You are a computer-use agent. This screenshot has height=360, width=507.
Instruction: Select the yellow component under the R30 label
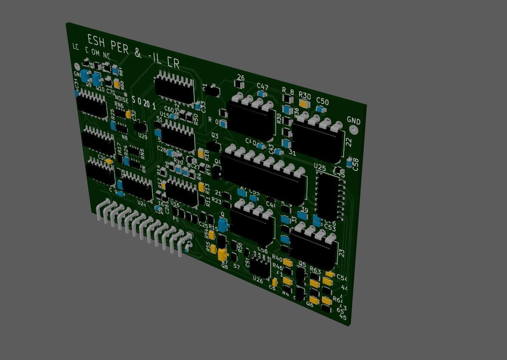click(x=303, y=103)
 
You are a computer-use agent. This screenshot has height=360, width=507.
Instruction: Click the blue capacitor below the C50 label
click(x=320, y=109)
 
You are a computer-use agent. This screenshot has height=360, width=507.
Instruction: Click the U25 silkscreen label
click(x=320, y=167)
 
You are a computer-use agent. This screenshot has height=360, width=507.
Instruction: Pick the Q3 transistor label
click(x=215, y=136)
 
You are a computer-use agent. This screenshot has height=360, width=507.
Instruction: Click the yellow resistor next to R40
click(x=288, y=263)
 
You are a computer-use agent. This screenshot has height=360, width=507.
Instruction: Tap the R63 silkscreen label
click(x=315, y=270)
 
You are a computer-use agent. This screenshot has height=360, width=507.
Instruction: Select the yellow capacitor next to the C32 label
click(x=128, y=114)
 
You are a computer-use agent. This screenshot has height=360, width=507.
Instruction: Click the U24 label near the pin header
click(x=141, y=204)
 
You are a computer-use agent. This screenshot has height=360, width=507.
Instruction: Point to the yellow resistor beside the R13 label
click(x=201, y=187)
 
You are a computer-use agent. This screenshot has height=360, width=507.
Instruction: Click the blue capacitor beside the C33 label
click(x=198, y=106)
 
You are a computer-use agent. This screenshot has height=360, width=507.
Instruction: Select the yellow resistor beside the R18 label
click(x=201, y=153)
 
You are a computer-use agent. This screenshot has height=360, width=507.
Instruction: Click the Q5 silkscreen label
click(x=302, y=264)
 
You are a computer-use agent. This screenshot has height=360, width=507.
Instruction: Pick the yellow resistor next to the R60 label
click(x=117, y=84)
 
